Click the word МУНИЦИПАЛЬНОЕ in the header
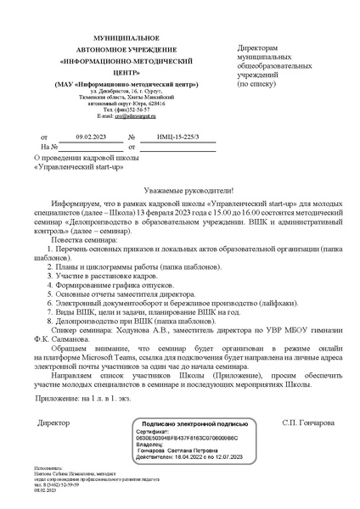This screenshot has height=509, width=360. [101, 38]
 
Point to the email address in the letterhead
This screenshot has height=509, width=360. [112, 116]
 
